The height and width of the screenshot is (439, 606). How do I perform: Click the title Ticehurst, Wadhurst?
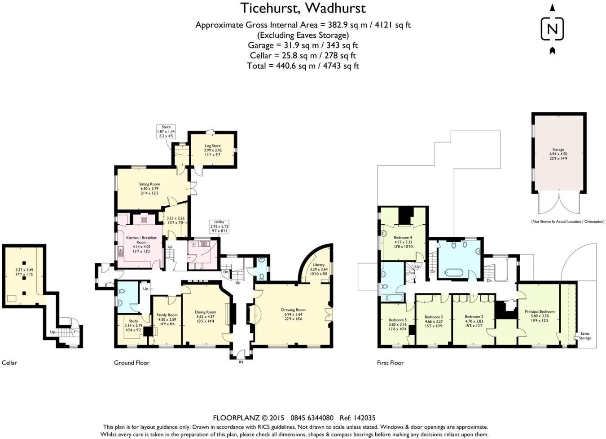point(303,8)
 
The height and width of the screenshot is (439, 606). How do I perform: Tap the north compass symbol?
point(552,29)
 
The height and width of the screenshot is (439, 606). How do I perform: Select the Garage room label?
point(558,154)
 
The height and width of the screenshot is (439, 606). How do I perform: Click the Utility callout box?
point(219,226)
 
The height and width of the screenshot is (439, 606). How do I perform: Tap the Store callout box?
point(166,131)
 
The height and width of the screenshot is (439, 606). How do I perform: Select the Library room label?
point(319,269)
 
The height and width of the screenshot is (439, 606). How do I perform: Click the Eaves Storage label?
point(585,336)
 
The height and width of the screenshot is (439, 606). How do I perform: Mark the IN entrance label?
point(241,362)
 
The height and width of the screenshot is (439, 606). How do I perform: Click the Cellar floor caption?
point(9,363)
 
